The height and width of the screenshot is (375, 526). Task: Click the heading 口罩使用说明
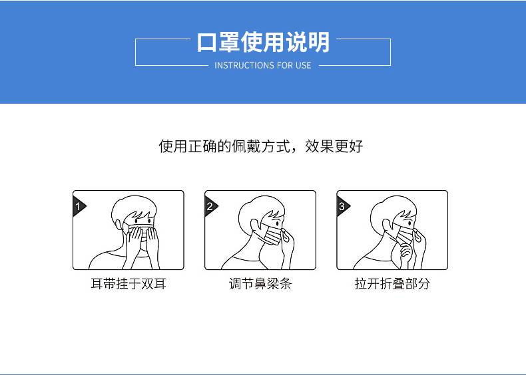(x=263, y=43)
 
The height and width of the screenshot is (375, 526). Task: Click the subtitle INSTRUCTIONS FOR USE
(x=262, y=65)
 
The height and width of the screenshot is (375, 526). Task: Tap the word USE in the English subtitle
(x=303, y=65)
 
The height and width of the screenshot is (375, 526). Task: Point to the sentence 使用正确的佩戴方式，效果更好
(x=260, y=146)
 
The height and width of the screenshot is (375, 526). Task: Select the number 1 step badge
(x=78, y=206)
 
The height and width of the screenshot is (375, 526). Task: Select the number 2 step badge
(x=210, y=206)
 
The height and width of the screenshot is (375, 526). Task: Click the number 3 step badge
(x=342, y=206)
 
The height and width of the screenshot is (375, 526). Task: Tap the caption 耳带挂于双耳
(x=129, y=284)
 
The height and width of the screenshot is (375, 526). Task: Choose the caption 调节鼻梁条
(x=260, y=284)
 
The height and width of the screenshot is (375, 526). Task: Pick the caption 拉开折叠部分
(x=392, y=284)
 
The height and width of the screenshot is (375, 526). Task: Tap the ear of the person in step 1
(x=119, y=225)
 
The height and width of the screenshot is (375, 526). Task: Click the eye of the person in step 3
(x=409, y=223)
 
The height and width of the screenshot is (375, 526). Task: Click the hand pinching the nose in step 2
(x=287, y=246)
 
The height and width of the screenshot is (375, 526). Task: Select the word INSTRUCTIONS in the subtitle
(x=240, y=65)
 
